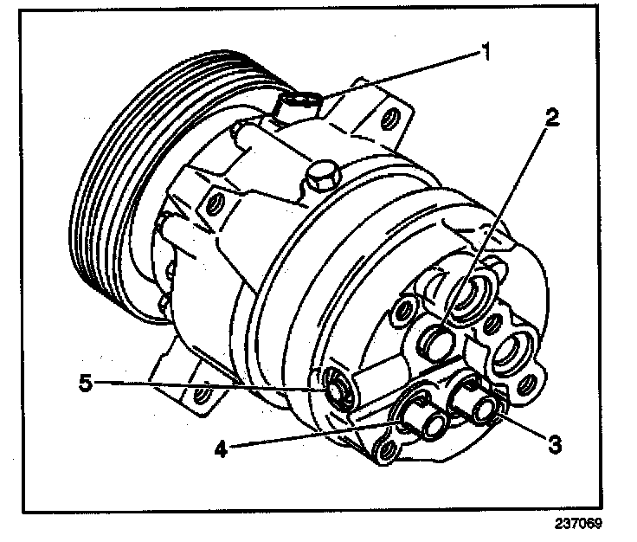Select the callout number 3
click(x=555, y=444)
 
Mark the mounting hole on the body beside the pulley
click(x=211, y=206)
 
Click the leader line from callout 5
click(x=208, y=385)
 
